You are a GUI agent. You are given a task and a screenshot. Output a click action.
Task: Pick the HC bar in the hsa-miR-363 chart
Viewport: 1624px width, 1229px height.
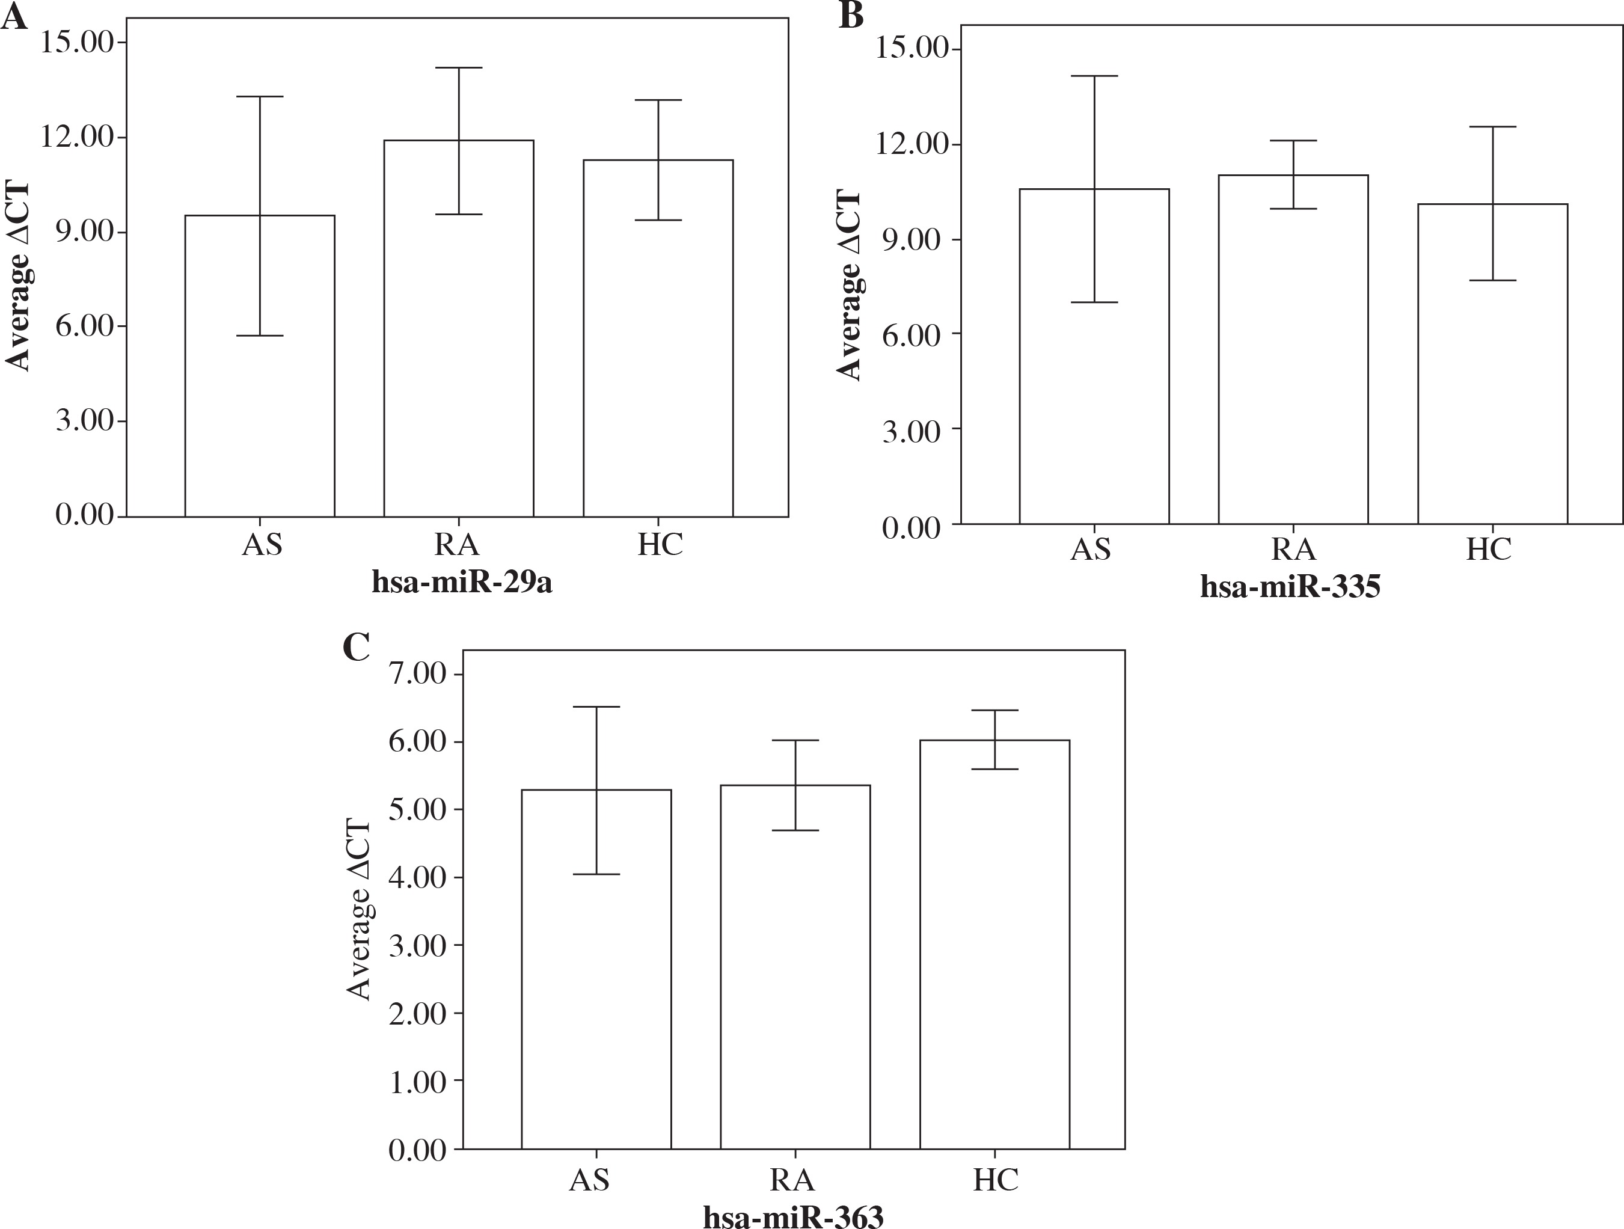click(x=995, y=954)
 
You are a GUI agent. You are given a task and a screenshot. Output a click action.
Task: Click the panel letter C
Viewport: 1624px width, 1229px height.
click(x=356, y=647)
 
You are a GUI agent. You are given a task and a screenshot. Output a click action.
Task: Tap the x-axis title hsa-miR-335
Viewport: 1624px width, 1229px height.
click(x=1290, y=587)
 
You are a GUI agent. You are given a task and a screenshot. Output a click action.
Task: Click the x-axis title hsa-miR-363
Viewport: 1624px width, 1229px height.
click(x=793, y=1216)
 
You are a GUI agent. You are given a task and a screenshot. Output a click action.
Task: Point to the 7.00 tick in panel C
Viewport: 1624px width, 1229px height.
click(x=418, y=674)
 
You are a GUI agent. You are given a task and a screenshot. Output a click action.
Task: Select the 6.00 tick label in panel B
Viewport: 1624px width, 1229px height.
click(x=911, y=336)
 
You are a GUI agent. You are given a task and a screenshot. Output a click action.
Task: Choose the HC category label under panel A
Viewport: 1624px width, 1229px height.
click(x=660, y=545)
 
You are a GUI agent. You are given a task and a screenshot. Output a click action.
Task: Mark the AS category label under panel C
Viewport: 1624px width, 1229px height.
click(x=590, y=1179)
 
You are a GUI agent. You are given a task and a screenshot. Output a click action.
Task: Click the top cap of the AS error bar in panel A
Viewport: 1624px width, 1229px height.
click(x=260, y=97)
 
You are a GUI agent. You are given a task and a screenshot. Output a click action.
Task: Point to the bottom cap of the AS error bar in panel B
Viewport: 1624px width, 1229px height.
click(x=1094, y=302)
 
